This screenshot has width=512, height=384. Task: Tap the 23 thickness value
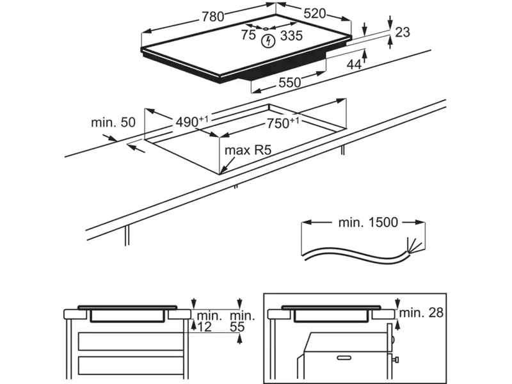click(403, 33)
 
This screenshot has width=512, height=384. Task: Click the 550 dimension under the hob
click(289, 83)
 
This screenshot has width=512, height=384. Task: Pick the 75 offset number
click(248, 36)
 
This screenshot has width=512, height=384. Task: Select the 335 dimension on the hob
click(291, 36)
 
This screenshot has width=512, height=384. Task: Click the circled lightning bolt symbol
click(269, 41)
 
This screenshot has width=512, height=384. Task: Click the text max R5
click(248, 150)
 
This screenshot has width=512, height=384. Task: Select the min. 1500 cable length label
click(367, 223)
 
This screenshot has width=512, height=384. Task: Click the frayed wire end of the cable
click(412, 246)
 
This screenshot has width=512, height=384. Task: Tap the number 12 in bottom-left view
click(205, 328)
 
